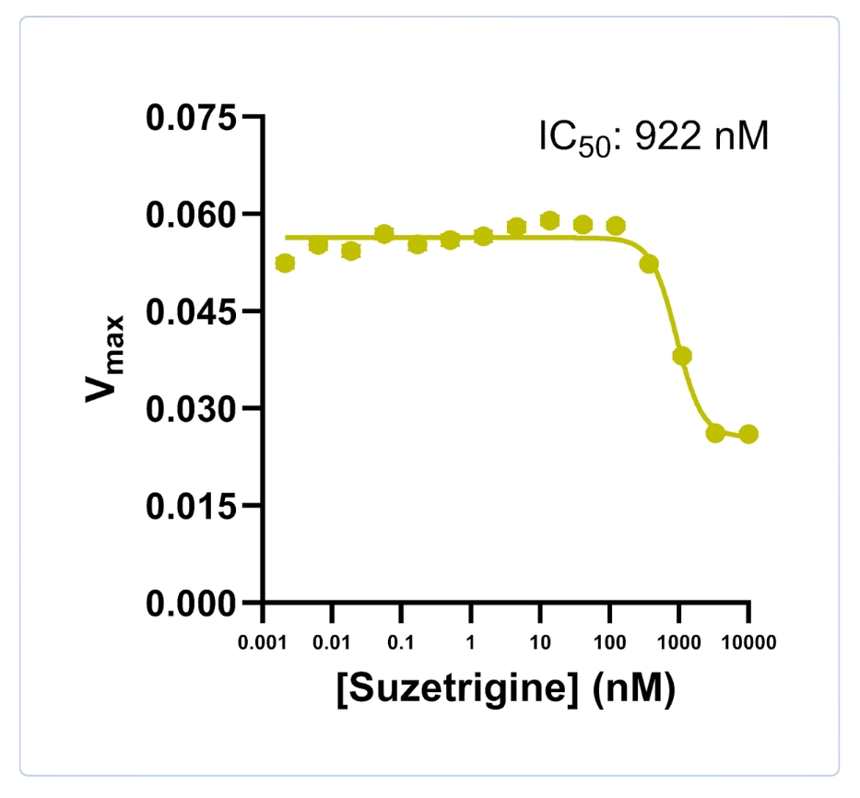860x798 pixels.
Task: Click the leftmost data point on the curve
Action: (x=285, y=264)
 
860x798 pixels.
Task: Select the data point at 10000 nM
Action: (x=748, y=434)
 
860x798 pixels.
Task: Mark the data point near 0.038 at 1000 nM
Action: (x=682, y=357)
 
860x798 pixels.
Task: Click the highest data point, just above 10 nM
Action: (x=549, y=220)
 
